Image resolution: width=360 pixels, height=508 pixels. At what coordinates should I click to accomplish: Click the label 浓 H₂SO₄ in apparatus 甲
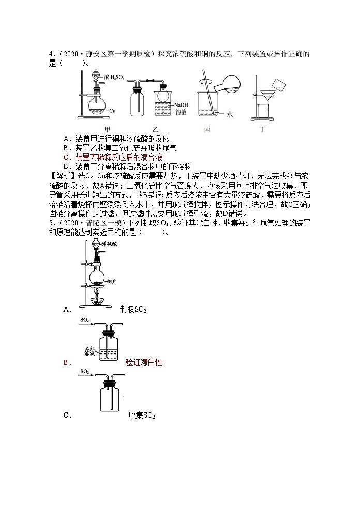pos(113,76)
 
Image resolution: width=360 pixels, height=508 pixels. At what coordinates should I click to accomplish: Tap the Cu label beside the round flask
pos(112,110)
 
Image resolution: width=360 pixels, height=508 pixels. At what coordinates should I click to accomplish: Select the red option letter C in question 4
pos(66,157)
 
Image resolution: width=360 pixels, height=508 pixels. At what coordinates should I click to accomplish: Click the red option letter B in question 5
pos(66,363)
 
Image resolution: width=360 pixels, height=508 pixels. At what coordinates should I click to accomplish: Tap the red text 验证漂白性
pos(144,363)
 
